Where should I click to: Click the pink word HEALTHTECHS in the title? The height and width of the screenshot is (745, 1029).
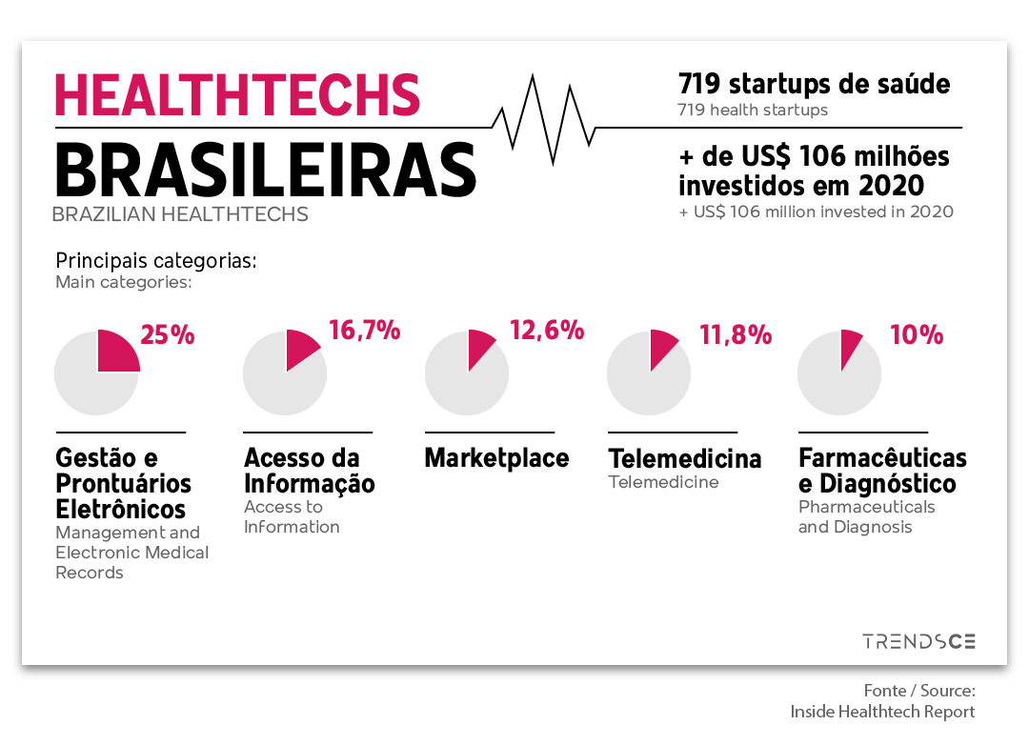point(237,95)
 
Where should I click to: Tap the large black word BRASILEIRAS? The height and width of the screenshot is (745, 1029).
point(266,170)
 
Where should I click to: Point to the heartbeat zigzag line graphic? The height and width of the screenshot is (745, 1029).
point(543,119)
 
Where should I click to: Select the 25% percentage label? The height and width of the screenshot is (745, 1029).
point(168,334)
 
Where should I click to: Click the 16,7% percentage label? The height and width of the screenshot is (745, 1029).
point(364,331)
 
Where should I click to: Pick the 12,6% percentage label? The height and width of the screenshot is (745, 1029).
point(547,331)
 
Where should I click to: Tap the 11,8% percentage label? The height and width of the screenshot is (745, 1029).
point(736,334)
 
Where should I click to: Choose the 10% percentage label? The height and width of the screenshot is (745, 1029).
point(917,334)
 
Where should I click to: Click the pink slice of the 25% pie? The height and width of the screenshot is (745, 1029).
point(117,352)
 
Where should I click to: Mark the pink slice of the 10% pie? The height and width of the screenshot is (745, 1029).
point(850,347)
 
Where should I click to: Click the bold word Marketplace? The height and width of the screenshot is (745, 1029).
point(496,458)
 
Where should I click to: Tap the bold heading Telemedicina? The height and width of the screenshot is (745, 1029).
point(684,458)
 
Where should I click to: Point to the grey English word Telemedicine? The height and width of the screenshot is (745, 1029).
point(663,482)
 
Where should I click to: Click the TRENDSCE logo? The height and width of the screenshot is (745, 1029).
point(918,641)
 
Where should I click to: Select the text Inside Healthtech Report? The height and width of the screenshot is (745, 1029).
point(882,712)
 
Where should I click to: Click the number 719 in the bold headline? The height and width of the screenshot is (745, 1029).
point(699,84)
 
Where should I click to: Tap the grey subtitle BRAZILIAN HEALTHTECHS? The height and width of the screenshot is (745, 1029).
point(180,214)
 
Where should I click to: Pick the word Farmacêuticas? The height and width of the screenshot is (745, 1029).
point(882,457)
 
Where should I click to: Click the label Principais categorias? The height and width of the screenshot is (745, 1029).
point(156,261)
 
